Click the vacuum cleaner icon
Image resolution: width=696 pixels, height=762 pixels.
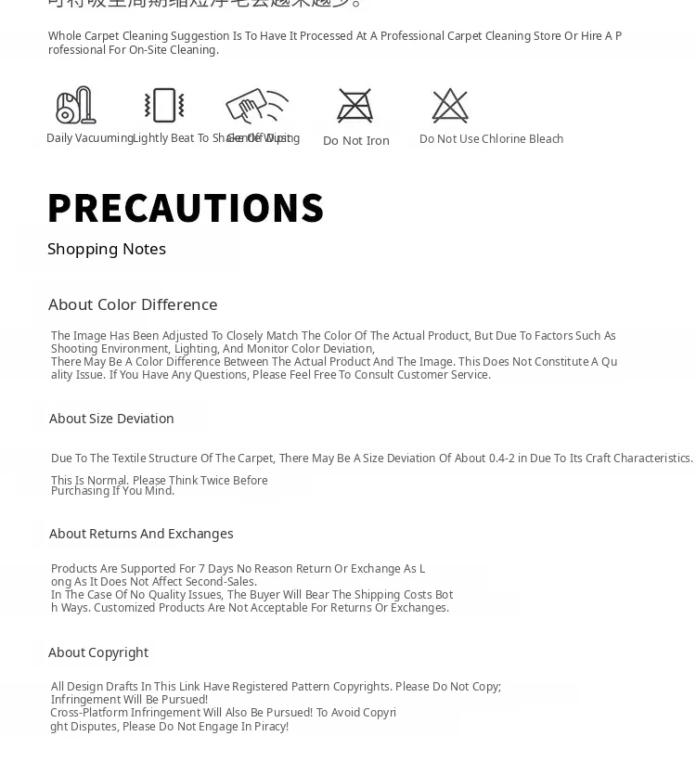(75, 106)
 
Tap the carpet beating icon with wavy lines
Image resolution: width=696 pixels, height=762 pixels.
(164, 106)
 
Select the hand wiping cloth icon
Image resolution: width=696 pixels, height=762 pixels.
(256, 106)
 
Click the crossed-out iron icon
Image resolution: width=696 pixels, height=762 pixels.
(355, 106)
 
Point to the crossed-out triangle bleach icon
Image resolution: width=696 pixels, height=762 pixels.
(450, 106)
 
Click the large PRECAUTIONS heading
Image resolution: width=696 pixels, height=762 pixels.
(186, 208)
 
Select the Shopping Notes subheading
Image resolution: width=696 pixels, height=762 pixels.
(107, 249)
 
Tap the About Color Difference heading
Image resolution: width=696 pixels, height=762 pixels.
(133, 304)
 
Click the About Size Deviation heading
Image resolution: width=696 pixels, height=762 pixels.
(111, 419)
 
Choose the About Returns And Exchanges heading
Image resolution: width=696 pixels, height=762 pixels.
(141, 534)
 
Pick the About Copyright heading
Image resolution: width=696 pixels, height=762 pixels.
(98, 652)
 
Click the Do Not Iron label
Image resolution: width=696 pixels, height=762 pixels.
(356, 141)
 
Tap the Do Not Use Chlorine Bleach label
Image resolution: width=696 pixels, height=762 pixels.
(491, 139)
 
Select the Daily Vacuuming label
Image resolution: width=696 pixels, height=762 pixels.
(90, 138)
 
